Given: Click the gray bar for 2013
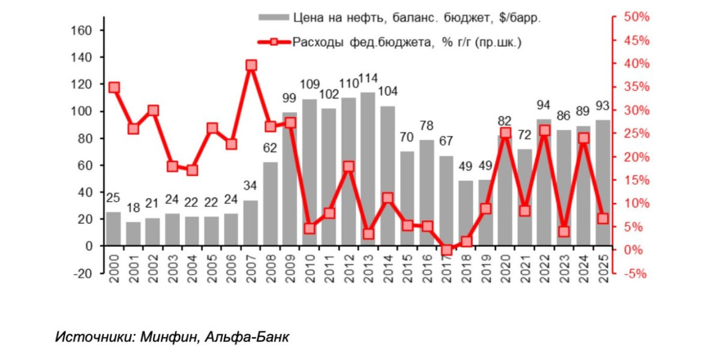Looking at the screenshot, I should (368, 169).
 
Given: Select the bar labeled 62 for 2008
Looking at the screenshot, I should (271, 203).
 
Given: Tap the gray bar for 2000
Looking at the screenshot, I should (113, 229).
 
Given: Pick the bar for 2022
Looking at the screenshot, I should (544, 182).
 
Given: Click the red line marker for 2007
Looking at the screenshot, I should (251, 65).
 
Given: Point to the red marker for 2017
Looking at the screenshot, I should (446, 250).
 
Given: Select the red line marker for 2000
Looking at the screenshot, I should (114, 88).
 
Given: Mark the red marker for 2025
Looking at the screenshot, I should (602, 219).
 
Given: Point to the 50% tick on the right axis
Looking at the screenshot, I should (637, 17).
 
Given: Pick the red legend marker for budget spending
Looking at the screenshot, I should (274, 42).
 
